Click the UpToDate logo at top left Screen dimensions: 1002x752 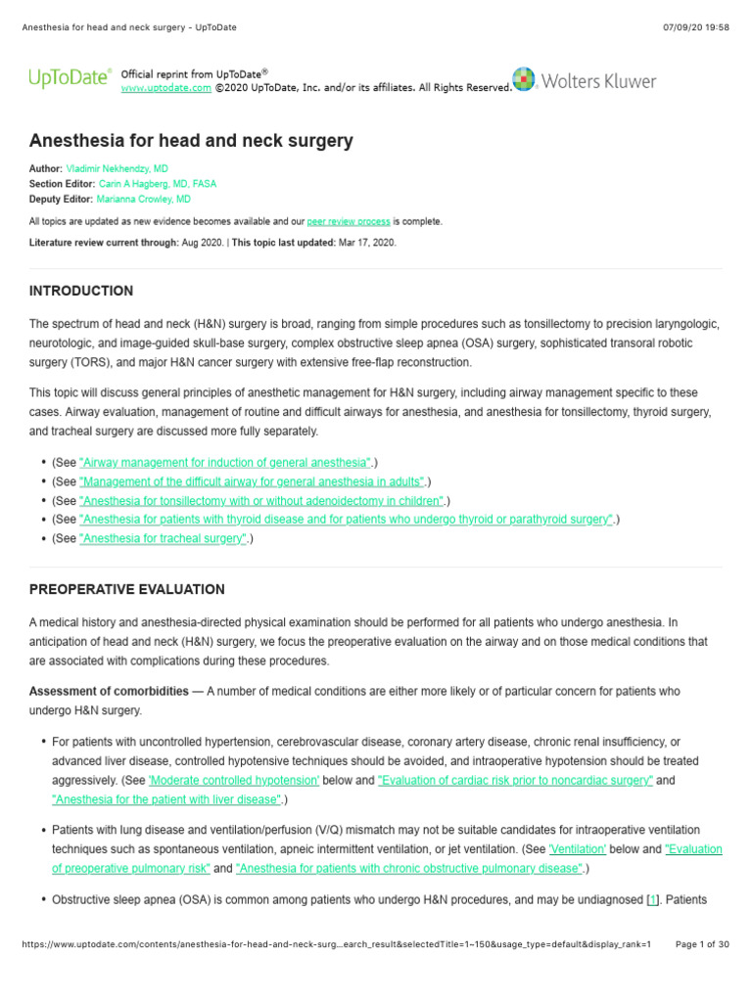tap(68, 78)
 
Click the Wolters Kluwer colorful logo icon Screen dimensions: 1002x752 tap(524, 79)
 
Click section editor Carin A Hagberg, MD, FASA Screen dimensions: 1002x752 tap(158, 183)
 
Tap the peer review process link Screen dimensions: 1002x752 tap(349, 221)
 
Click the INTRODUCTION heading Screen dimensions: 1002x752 tap(81, 291)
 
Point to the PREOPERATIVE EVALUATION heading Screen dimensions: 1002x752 tap(126, 589)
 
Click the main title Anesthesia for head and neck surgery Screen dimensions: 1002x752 tap(191, 141)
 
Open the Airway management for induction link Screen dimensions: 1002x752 tap(225, 462)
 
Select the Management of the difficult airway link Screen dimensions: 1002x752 tap(253, 481)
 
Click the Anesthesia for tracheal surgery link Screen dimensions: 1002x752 tap(163, 538)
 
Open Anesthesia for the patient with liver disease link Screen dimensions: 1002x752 tap(166, 799)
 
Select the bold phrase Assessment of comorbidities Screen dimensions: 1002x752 tap(109, 691)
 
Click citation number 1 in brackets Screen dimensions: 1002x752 tap(652, 899)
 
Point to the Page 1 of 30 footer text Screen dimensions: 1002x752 tap(702, 943)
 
